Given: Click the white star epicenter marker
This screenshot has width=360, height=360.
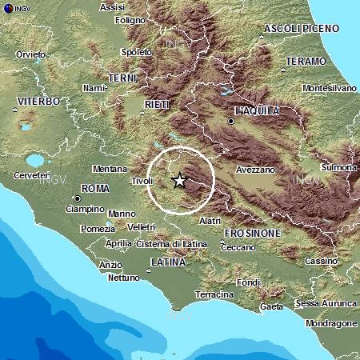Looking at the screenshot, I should [179, 181].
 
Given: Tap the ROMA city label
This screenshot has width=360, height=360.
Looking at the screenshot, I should [95, 188].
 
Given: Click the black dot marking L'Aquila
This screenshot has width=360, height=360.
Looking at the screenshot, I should [231, 122].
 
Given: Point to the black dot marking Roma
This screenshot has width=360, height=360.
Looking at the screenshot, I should [77, 198].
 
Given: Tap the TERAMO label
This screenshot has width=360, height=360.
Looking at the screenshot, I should [306, 61].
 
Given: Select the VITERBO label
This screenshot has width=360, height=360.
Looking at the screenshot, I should [38, 102].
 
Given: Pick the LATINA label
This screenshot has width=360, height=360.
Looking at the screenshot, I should [167, 262].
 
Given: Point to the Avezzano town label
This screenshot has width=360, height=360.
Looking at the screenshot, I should [256, 170].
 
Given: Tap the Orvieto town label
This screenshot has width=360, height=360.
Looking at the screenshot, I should [30, 54].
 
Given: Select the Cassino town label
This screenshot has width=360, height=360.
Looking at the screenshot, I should [321, 262].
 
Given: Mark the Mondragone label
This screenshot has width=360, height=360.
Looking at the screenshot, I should [330, 323].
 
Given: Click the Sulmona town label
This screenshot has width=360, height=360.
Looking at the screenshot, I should [338, 167].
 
